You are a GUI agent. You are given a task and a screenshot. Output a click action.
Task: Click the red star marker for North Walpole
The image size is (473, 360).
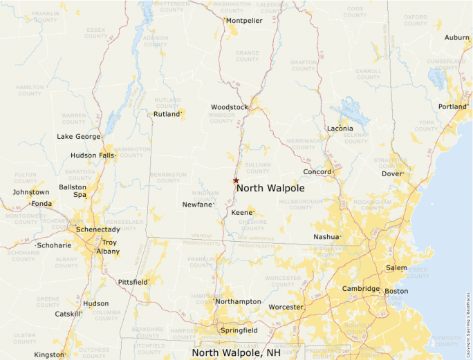[x=236, y=180]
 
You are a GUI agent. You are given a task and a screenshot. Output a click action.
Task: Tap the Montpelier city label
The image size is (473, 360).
[x=244, y=21]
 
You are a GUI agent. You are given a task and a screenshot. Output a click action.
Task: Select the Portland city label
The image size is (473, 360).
[x=452, y=106]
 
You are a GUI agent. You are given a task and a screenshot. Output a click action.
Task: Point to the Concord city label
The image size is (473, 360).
[x=317, y=172]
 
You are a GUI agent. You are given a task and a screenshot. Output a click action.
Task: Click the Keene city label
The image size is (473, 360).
[x=242, y=212]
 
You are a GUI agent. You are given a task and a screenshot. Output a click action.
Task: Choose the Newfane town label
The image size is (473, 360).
[x=198, y=205]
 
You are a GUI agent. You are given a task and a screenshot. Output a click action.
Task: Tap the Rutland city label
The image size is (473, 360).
[x=167, y=114]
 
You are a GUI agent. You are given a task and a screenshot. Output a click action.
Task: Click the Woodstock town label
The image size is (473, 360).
[x=229, y=107]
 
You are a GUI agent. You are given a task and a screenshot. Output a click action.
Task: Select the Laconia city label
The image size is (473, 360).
[x=340, y=129]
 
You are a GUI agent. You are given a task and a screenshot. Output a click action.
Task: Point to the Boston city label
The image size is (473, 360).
[x=396, y=291]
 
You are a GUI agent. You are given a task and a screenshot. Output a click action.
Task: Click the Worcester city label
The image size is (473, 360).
[x=286, y=307]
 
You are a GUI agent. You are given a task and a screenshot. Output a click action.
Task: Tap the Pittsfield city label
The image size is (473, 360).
[x=132, y=283]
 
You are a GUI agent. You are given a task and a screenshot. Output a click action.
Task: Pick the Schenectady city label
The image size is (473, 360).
[x=98, y=229]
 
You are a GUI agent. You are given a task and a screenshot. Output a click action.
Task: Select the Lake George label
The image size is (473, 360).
[x=78, y=137]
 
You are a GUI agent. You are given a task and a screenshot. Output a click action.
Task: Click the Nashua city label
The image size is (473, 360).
[x=326, y=236]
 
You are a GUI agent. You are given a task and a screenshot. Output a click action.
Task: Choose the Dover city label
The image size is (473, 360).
[x=392, y=174]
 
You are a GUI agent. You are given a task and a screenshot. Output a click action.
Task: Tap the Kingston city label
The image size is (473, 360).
[x=48, y=354]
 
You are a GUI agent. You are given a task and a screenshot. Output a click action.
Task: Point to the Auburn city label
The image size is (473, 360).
[x=456, y=37]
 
